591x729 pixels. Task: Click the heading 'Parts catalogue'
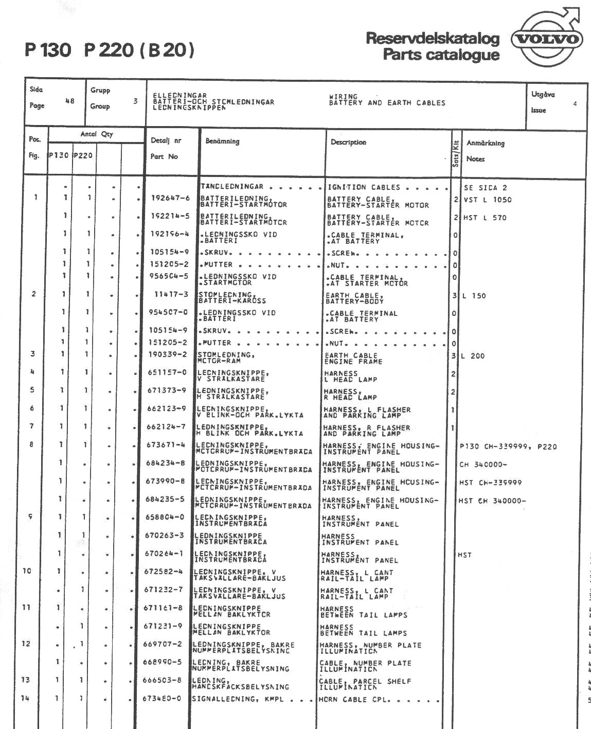441,55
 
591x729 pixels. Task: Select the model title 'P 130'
48,50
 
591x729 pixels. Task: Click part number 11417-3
171,294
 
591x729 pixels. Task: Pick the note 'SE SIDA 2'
485,188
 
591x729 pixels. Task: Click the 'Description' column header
348,142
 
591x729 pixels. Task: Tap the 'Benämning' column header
222,141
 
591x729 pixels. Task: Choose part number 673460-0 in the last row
162,699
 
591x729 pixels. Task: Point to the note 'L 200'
473,356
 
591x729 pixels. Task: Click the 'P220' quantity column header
83,155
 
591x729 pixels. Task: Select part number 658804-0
165,517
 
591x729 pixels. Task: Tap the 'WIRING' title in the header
343,96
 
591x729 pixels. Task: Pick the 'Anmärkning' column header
485,143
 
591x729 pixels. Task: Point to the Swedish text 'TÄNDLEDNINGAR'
231,187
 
